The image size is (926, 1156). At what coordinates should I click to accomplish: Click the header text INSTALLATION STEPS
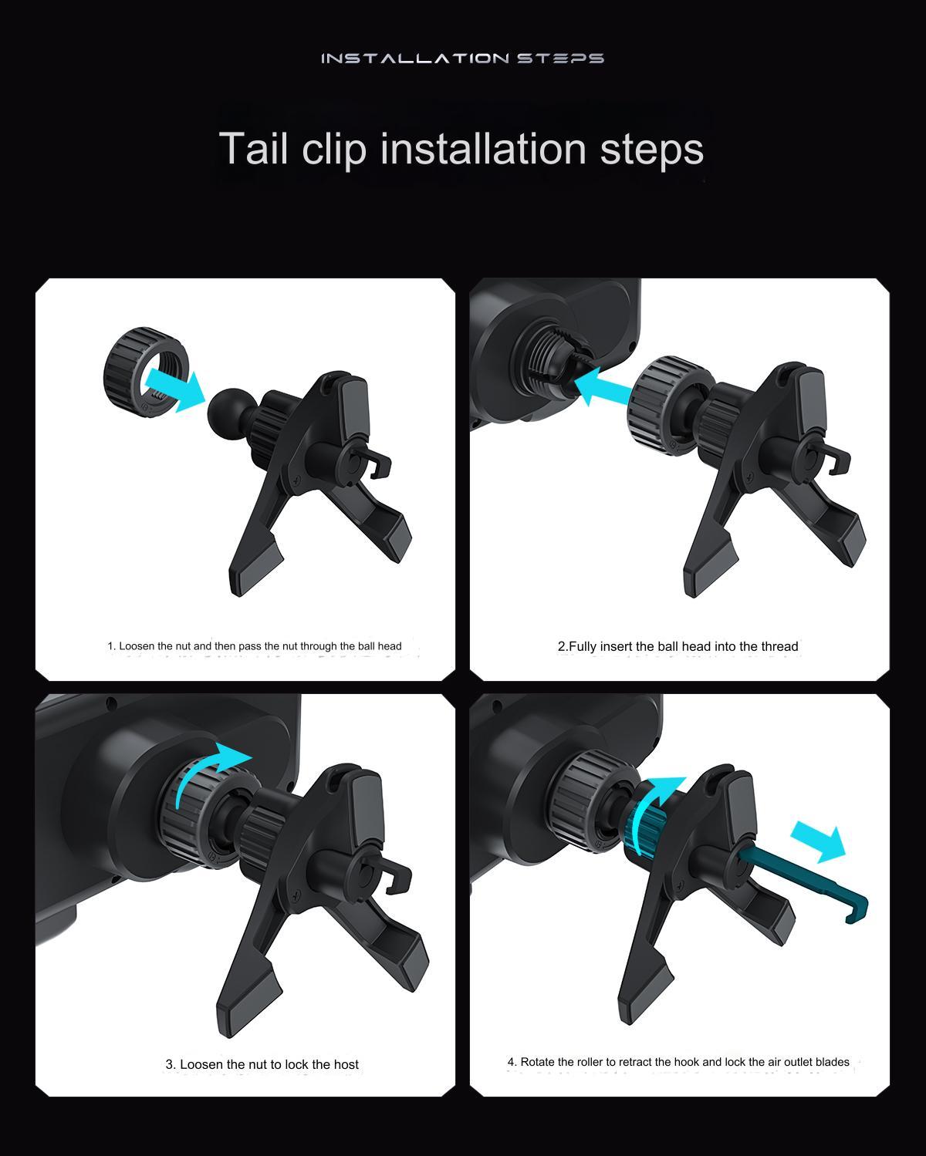click(x=462, y=58)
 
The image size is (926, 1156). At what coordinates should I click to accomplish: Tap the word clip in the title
click(x=335, y=149)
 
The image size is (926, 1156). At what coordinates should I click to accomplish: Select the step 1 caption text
click(x=254, y=646)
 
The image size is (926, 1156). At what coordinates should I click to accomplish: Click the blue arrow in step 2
click(x=607, y=385)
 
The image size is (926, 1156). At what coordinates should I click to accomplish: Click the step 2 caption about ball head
click(x=678, y=646)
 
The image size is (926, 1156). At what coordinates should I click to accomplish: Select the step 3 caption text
click(x=262, y=1064)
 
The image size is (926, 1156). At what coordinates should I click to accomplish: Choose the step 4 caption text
click(x=678, y=1062)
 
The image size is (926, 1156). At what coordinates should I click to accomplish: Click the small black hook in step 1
click(x=377, y=463)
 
